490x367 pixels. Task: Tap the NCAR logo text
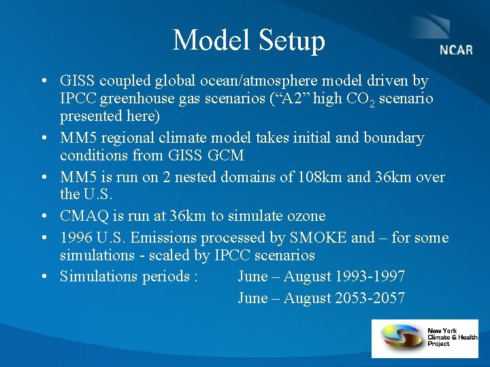[456, 51]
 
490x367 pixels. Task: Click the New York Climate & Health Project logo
[425, 338]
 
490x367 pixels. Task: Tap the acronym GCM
[226, 156]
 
